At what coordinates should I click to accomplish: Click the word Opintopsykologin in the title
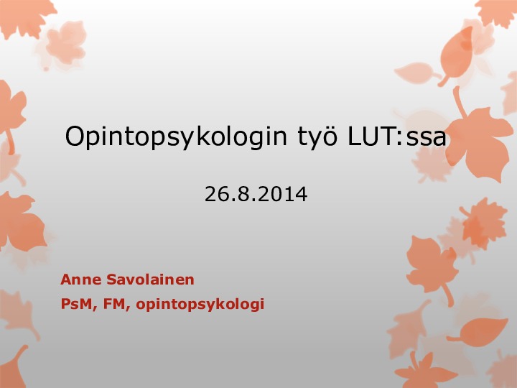tap(176, 137)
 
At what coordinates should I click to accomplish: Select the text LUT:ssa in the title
tap(397, 136)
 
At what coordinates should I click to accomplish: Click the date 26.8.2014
tap(256, 194)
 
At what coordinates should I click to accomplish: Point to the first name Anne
tap(80, 280)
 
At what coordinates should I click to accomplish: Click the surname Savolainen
tap(150, 280)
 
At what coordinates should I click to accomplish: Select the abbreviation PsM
tap(76, 304)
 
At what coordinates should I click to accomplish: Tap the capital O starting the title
tap(75, 136)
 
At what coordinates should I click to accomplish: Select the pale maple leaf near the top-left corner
tap(65, 43)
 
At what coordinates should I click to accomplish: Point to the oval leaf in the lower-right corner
tap(480, 331)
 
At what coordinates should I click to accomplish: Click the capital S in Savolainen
tap(111, 280)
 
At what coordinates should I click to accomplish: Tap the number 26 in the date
tap(216, 194)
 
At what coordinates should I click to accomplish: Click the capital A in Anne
tap(66, 280)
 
